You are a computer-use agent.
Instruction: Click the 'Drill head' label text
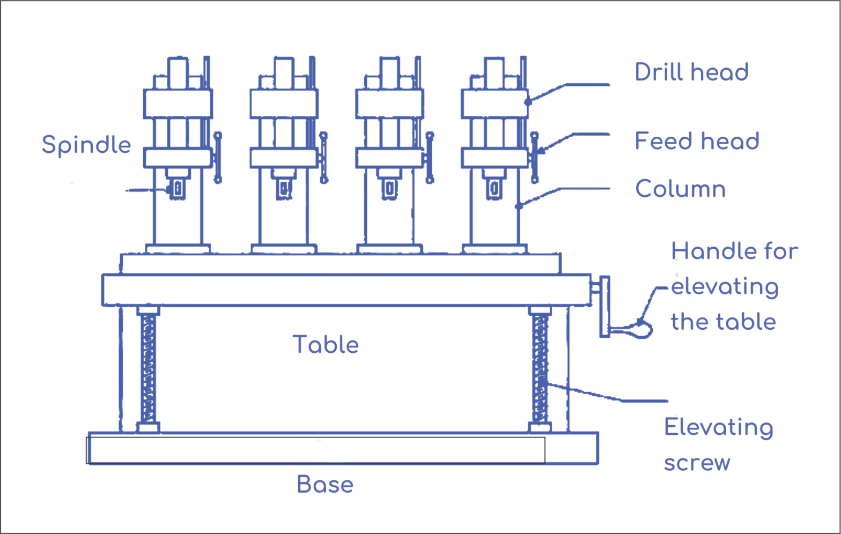pyautogui.click(x=691, y=72)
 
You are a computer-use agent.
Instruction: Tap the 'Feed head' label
pyautogui.click(x=697, y=142)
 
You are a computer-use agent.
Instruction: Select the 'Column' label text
pyautogui.click(x=680, y=189)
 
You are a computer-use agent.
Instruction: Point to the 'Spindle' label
pyautogui.click(x=86, y=145)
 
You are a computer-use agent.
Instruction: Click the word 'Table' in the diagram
pyautogui.click(x=326, y=345)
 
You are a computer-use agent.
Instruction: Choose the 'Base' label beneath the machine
pyautogui.click(x=325, y=485)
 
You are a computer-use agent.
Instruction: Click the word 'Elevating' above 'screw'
pyautogui.click(x=719, y=428)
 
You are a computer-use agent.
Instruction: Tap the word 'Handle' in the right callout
pyautogui.click(x=704, y=251)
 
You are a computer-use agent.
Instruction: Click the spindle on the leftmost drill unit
pyautogui.click(x=177, y=189)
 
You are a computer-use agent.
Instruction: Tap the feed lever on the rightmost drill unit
pyautogui.click(x=534, y=158)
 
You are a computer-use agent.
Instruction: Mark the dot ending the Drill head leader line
pyautogui.click(x=528, y=101)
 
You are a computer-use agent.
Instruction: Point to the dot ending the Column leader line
pyautogui.click(x=519, y=206)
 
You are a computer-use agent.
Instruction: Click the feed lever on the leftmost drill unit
pyautogui.click(x=218, y=158)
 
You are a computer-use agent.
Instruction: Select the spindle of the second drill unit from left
pyautogui.click(x=284, y=189)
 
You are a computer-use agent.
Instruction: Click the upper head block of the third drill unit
pyautogui.click(x=389, y=104)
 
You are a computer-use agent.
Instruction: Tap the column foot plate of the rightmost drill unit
pyautogui.click(x=495, y=249)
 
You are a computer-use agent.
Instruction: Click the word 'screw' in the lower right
pyautogui.click(x=697, y=463)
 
